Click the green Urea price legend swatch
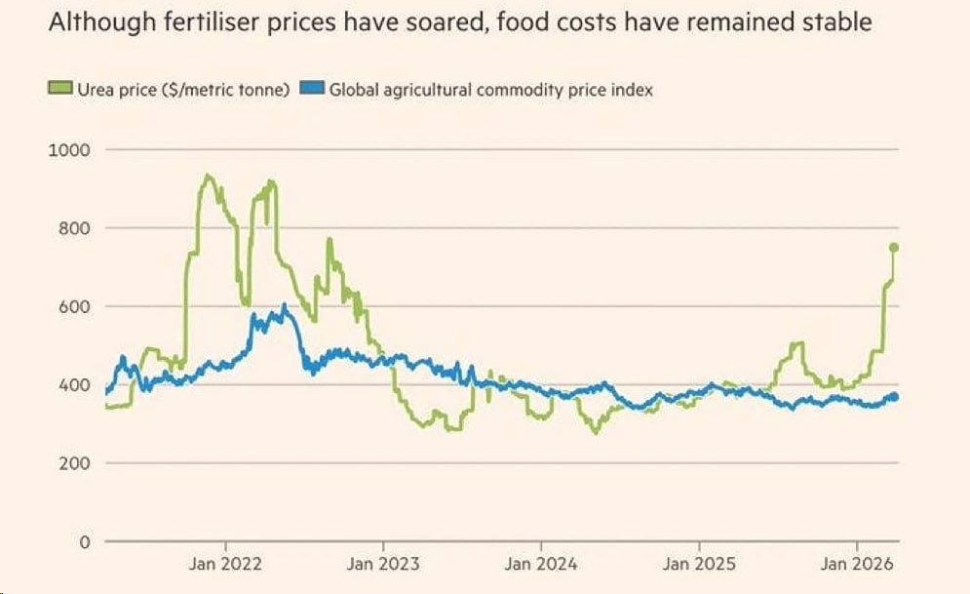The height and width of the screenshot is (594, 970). [x=57, y=90]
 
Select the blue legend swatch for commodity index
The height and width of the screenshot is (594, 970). [x=316, y=90]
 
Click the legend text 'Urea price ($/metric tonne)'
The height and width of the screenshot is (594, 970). [x=178, y=90]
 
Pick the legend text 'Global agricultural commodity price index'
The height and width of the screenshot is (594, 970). [x=490, y=90]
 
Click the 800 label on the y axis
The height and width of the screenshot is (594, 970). [x=75, y=228]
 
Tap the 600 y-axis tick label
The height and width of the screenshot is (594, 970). [x=75, y=306]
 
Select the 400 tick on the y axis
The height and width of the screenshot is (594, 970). [x=75, y=384]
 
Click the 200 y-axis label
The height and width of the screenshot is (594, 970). [x=75, y=462]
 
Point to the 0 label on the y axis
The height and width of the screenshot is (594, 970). [x=85, y=541]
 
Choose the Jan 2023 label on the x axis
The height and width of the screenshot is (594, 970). [x=384, y=564]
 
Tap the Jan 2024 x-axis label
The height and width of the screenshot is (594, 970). [x=542, y=564]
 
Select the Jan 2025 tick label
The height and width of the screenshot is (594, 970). [x=699, y=564]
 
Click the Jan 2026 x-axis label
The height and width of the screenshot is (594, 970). [x=857, y=564]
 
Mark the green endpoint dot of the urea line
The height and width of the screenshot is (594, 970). [x=893, y=248]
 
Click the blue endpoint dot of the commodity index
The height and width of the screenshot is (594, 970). [x=893, y=396]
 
